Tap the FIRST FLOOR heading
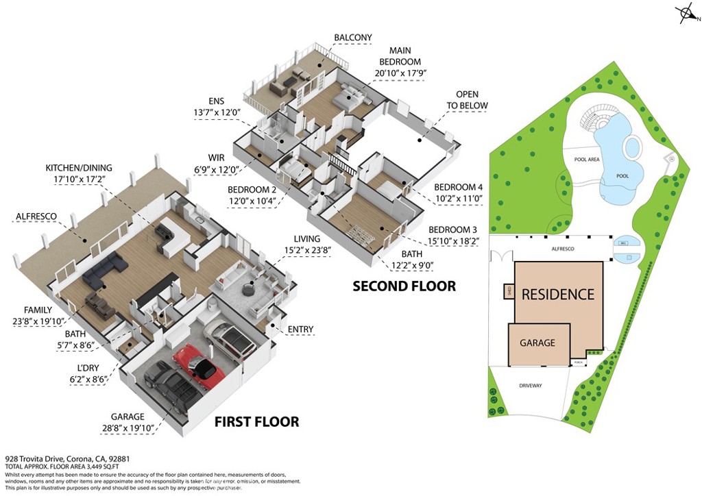click(256, 421)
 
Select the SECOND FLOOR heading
click(404, 286)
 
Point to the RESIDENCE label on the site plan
click(557, 295)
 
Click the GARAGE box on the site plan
click(537, 343)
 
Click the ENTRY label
click(300, 330)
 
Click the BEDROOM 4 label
click(459, 187)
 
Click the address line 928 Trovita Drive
click(67, 459)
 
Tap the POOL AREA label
click(587, 159)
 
